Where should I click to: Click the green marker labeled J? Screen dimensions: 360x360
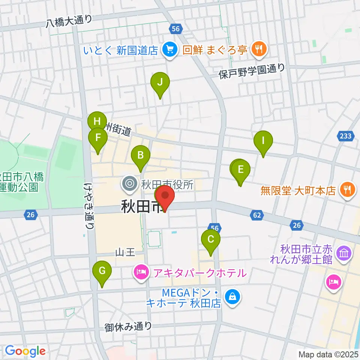click(x=160, y=82)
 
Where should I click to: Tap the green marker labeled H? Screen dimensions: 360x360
click(x=97, y=121)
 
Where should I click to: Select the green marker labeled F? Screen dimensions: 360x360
click(x=98, y=138)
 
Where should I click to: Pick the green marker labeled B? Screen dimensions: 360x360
click(x=141, y=155)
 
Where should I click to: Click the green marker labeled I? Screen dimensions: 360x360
click(x=263, y=141)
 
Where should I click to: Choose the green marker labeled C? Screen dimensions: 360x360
click(x=211, y=239)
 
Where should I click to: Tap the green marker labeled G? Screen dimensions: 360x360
click(x=102, y=270)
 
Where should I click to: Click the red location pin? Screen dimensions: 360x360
click(x=165, y=196)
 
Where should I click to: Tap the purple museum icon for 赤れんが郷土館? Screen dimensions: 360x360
click(x=343, y=253)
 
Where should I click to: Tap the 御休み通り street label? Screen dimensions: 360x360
click(x=129, y=326)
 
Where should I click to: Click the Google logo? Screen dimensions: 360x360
click(x=25, y=351)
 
